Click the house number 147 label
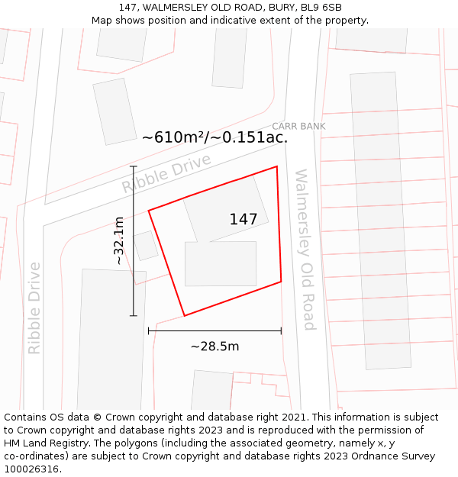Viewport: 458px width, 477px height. click(244, 220)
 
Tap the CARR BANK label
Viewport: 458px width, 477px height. click(298, 126)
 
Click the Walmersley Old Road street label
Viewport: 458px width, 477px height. click(305, 250)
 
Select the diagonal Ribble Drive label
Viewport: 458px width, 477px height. click(166, 174)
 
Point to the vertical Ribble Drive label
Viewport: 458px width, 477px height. click(34, 308)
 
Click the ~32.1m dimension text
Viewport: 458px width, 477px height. click(119, 240)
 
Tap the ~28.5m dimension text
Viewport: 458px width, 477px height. click(214, 346)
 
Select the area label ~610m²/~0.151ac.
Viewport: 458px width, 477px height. click(214, 137)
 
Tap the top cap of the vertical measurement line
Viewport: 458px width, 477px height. click(134, 166)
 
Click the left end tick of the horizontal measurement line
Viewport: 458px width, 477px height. click(149, 330)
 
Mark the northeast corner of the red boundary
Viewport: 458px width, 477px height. click(276, 166)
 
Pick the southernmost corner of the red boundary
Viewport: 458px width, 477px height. click(185, 315)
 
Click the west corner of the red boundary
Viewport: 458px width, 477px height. click(149, 210)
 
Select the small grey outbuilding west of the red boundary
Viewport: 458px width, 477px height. click(146, 246)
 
